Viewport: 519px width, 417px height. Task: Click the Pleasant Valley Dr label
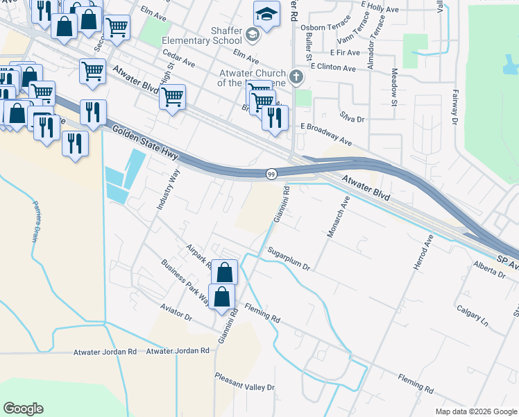tap(245, 387)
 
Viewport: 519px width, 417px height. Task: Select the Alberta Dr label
tap(489, 270)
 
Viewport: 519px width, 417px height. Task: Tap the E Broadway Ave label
tap(326, 135)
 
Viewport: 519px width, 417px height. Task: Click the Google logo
tap(23, 409)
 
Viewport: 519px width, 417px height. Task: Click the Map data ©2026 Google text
tap(475, 411)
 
